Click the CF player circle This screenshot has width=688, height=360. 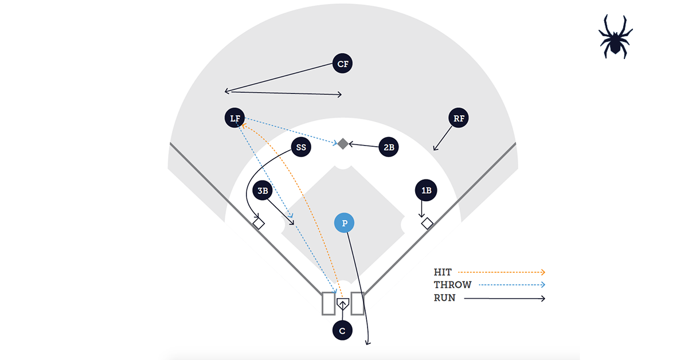tap(342, 64)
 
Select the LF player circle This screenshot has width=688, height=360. tap(234, 119)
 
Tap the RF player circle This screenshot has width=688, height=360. tap(459, 119)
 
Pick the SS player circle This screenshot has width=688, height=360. tap(301, 147)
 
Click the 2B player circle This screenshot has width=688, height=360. tap(389, 147)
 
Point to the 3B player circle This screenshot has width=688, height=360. tap(263, 191)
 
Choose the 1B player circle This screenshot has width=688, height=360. tap(426, 190)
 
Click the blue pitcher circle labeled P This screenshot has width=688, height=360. tap(344, 223)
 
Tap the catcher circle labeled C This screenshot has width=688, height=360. tap(342, 331)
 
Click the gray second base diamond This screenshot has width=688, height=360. tap(342, 143)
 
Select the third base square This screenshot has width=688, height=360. tap(259, 223)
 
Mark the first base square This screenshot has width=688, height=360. tap(427, 223)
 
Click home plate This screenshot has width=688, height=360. tap(342, 304)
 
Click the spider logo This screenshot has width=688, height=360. tap(616, 36)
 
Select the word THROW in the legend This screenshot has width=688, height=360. tap(452, 285)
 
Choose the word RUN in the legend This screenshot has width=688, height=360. tap(445, 298)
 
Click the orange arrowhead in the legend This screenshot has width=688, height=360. tap(542, 272)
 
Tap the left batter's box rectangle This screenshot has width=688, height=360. tap(328, 303)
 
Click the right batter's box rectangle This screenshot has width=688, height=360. tap(357, 303)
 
